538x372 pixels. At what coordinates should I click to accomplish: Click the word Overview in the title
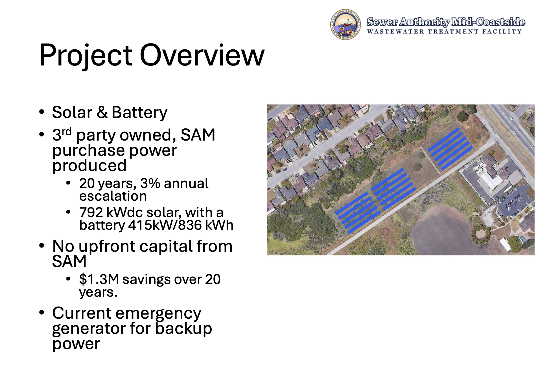[x=202, y=55]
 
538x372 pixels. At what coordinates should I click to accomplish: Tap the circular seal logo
[x=345, y=24]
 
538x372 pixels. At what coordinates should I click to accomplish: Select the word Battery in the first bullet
[x=139, y=113]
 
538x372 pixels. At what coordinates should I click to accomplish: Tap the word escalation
[x=113, y=196]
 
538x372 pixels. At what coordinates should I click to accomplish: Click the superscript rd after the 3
[x=67, y=131]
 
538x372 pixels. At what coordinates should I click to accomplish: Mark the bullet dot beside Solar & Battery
[x=42, y=112]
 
